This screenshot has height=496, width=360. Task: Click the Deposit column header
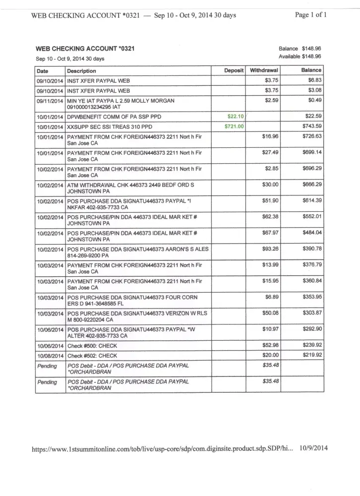coord(234,70)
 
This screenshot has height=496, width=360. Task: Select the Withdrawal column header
coord(263,70)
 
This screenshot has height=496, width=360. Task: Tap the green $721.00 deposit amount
coord(234,126)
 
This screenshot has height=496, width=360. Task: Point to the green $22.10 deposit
coord(236,116)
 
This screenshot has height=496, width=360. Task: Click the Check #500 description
coord(92,346)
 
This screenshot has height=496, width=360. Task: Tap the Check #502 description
coord(92,356)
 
